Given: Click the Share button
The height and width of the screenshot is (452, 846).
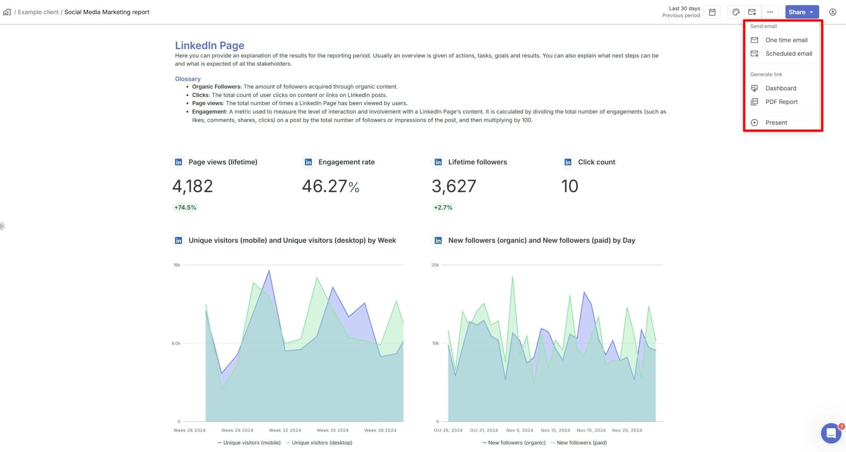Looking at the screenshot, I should pos(801,12).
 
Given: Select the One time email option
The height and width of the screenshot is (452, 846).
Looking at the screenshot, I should pos(786,40).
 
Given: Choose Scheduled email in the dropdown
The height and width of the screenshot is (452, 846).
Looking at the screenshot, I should pos(788,54).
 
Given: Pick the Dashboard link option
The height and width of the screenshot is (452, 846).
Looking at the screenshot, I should pos(780,88).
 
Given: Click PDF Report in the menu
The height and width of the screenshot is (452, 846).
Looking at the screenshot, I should pos(781,102).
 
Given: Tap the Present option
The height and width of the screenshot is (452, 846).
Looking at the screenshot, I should pos(776,123).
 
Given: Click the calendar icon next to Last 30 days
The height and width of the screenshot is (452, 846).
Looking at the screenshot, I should pos(712,12).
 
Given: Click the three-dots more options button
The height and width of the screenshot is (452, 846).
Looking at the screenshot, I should pos(770,12).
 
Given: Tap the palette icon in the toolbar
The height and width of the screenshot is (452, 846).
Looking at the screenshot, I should pos(736,12).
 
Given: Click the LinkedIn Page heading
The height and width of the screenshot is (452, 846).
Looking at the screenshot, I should pos(209,45).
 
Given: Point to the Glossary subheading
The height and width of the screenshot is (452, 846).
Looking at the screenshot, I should pos(188,79).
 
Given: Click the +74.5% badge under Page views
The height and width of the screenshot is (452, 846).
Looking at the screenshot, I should pos(185,208).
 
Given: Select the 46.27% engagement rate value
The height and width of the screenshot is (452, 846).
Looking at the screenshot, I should pos(330,186).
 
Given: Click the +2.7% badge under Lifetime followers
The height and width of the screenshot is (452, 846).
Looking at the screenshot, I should pos(443,208).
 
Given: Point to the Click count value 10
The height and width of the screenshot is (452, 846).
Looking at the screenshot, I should pos(569,186).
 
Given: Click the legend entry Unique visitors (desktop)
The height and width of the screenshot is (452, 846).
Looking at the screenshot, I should pos(321,443).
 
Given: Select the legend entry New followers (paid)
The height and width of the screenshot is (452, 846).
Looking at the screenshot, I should pos(581,443).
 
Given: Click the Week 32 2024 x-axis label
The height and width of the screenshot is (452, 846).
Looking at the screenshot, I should pos(285,430).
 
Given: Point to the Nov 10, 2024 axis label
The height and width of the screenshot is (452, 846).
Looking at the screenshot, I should pos(555,430).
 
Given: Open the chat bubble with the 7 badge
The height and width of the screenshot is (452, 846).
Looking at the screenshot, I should pos(831,433).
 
